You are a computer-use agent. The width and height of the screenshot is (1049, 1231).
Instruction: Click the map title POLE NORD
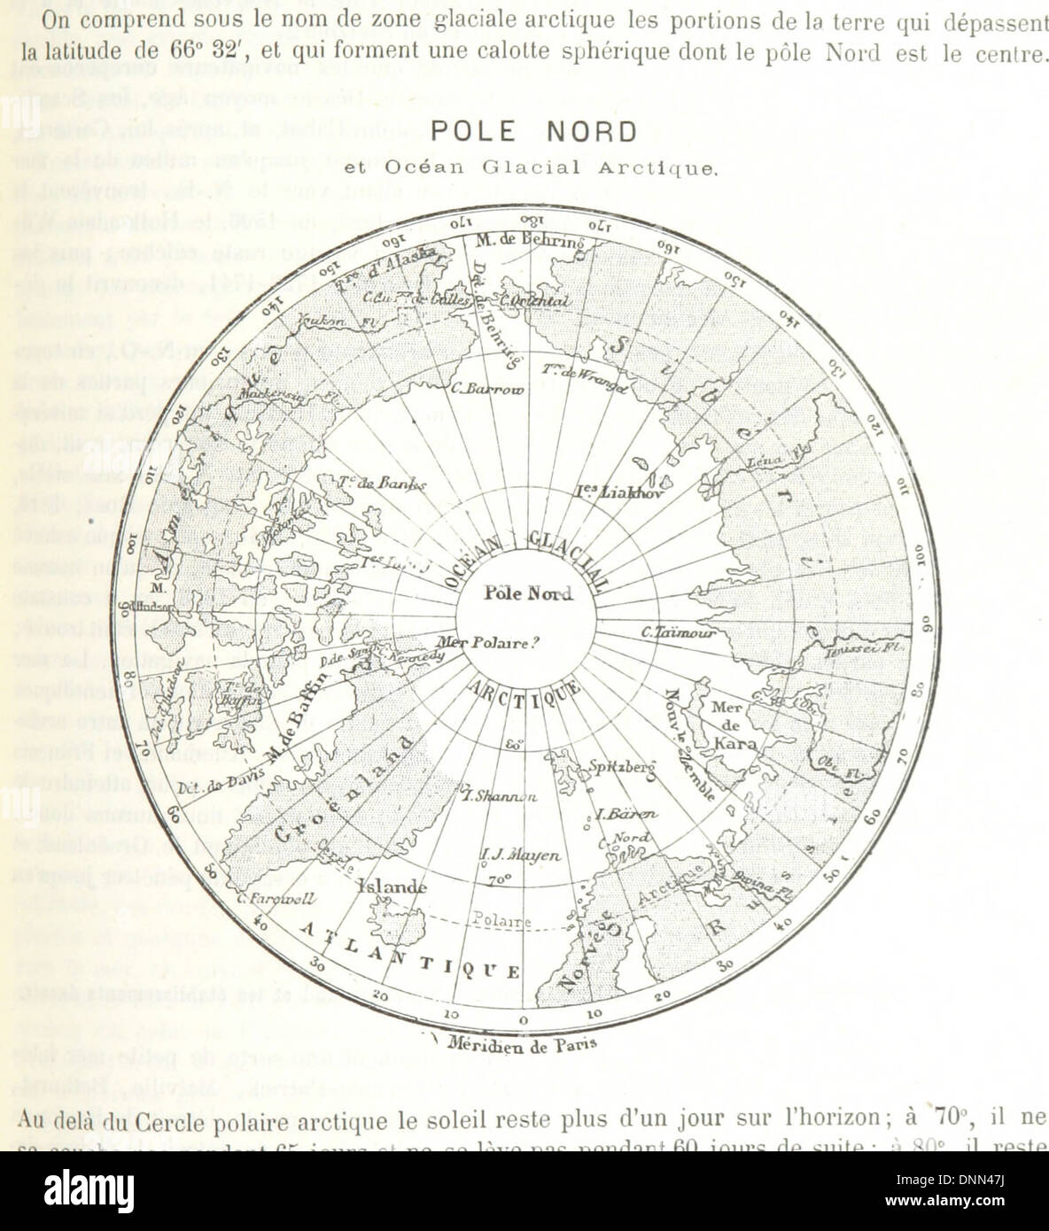[533, 132]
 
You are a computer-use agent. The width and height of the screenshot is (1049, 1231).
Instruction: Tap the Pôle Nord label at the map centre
[528, 593]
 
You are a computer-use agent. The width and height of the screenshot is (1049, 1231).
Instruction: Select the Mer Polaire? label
[502, 643]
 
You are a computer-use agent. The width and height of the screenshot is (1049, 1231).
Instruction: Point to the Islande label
[392, 886]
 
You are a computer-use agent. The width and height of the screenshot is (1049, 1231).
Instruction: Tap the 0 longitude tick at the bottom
[523, 1020]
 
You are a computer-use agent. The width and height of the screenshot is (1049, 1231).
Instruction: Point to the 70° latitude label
[500, 880]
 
